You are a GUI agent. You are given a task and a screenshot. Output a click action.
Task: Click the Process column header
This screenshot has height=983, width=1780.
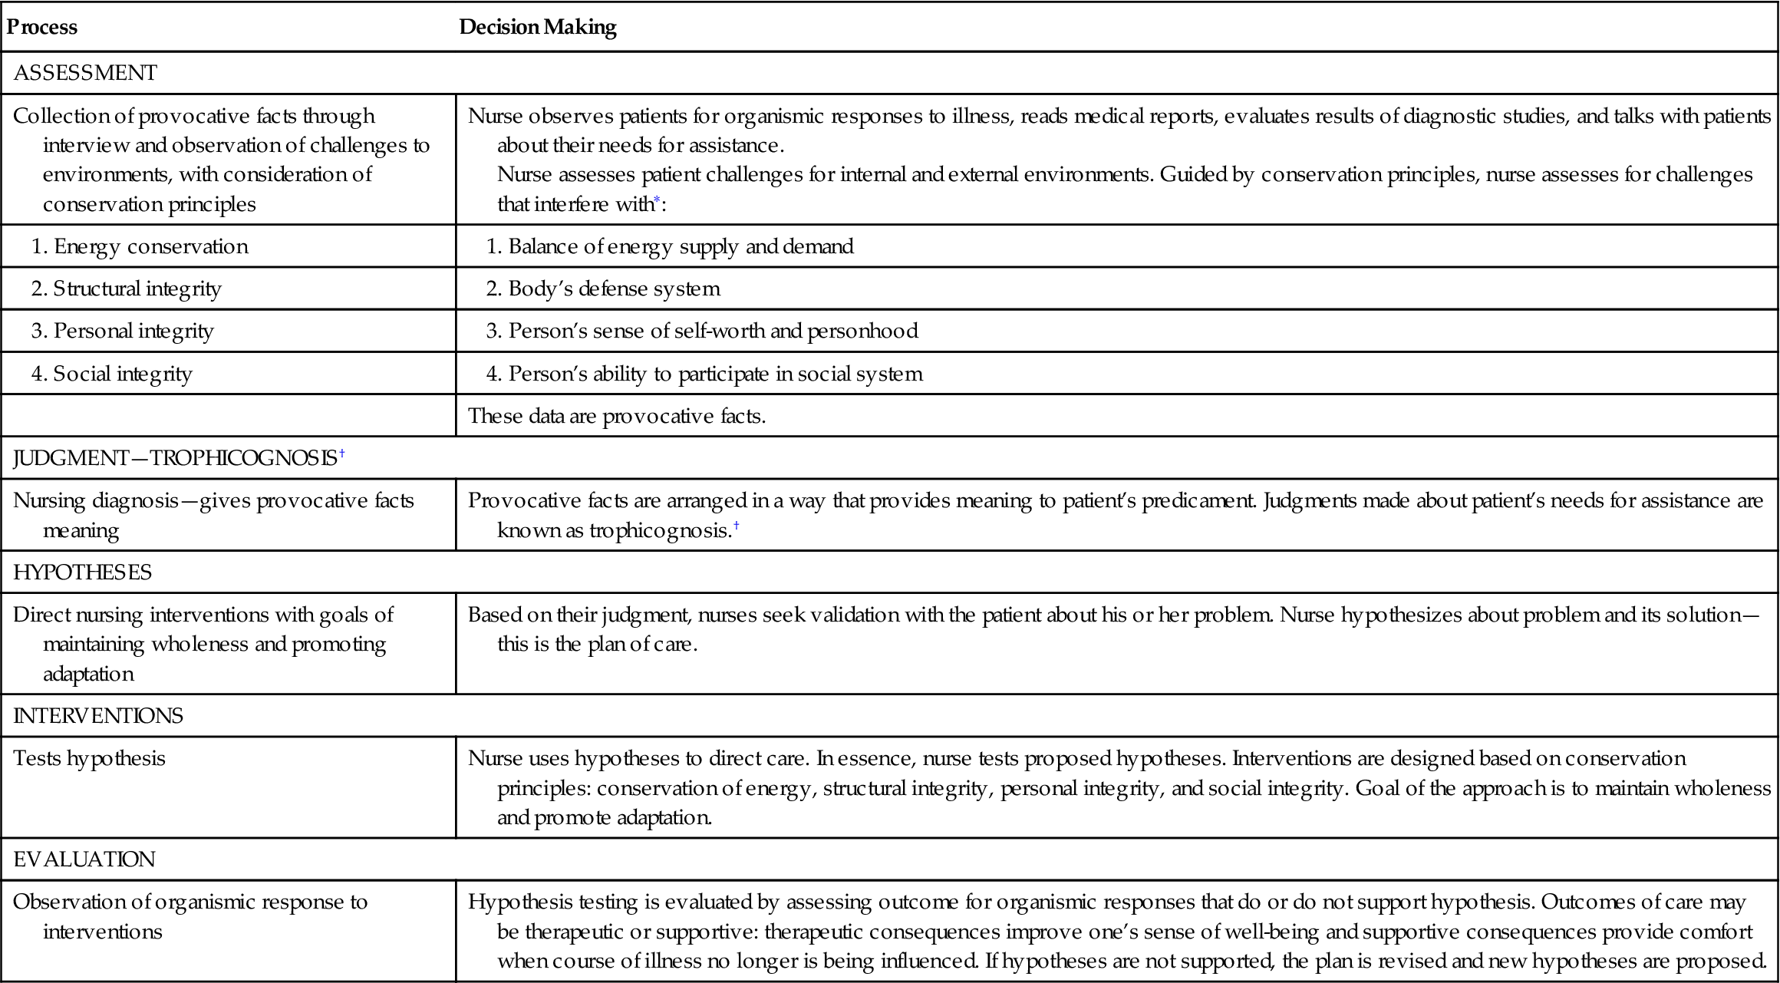[x=42, y=27]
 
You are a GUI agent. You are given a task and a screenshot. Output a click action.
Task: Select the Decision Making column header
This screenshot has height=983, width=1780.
[x=537, y=27]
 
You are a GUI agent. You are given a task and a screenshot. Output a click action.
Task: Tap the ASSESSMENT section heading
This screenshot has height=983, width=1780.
[x=85, y=73]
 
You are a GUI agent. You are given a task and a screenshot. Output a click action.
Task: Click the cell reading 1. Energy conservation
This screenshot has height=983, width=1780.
[x=140, y=246]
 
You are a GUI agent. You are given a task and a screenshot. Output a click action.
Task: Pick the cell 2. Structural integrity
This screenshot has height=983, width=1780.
[x=127, y=289]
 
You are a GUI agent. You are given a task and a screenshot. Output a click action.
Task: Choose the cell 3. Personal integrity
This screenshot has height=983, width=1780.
[x=123, y=331]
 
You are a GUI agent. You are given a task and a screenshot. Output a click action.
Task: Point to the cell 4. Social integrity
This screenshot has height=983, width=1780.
[x=112, y=374]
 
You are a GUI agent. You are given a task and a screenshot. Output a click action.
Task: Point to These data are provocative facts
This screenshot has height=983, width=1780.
[x=617, y=416]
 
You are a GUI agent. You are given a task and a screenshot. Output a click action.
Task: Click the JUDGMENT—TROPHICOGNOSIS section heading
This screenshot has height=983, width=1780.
[x=175, y=458]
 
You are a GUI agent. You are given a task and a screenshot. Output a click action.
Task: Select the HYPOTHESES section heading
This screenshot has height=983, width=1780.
[x=83, y=572]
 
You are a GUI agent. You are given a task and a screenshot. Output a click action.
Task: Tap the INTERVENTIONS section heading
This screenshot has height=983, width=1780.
[x=98, y=716]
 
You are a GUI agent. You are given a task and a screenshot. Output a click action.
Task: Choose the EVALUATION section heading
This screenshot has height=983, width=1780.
[x=84, y=859]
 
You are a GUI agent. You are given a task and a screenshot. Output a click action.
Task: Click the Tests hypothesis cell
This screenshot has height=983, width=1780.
[x=90, y=758]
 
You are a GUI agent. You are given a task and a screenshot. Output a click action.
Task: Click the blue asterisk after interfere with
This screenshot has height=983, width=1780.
[x=657, y=200]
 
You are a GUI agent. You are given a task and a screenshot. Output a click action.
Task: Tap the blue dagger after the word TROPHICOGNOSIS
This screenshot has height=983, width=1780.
[x=342, y=454]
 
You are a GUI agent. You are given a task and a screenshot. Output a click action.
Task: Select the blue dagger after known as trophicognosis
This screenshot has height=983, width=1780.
[x=737, y=526]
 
